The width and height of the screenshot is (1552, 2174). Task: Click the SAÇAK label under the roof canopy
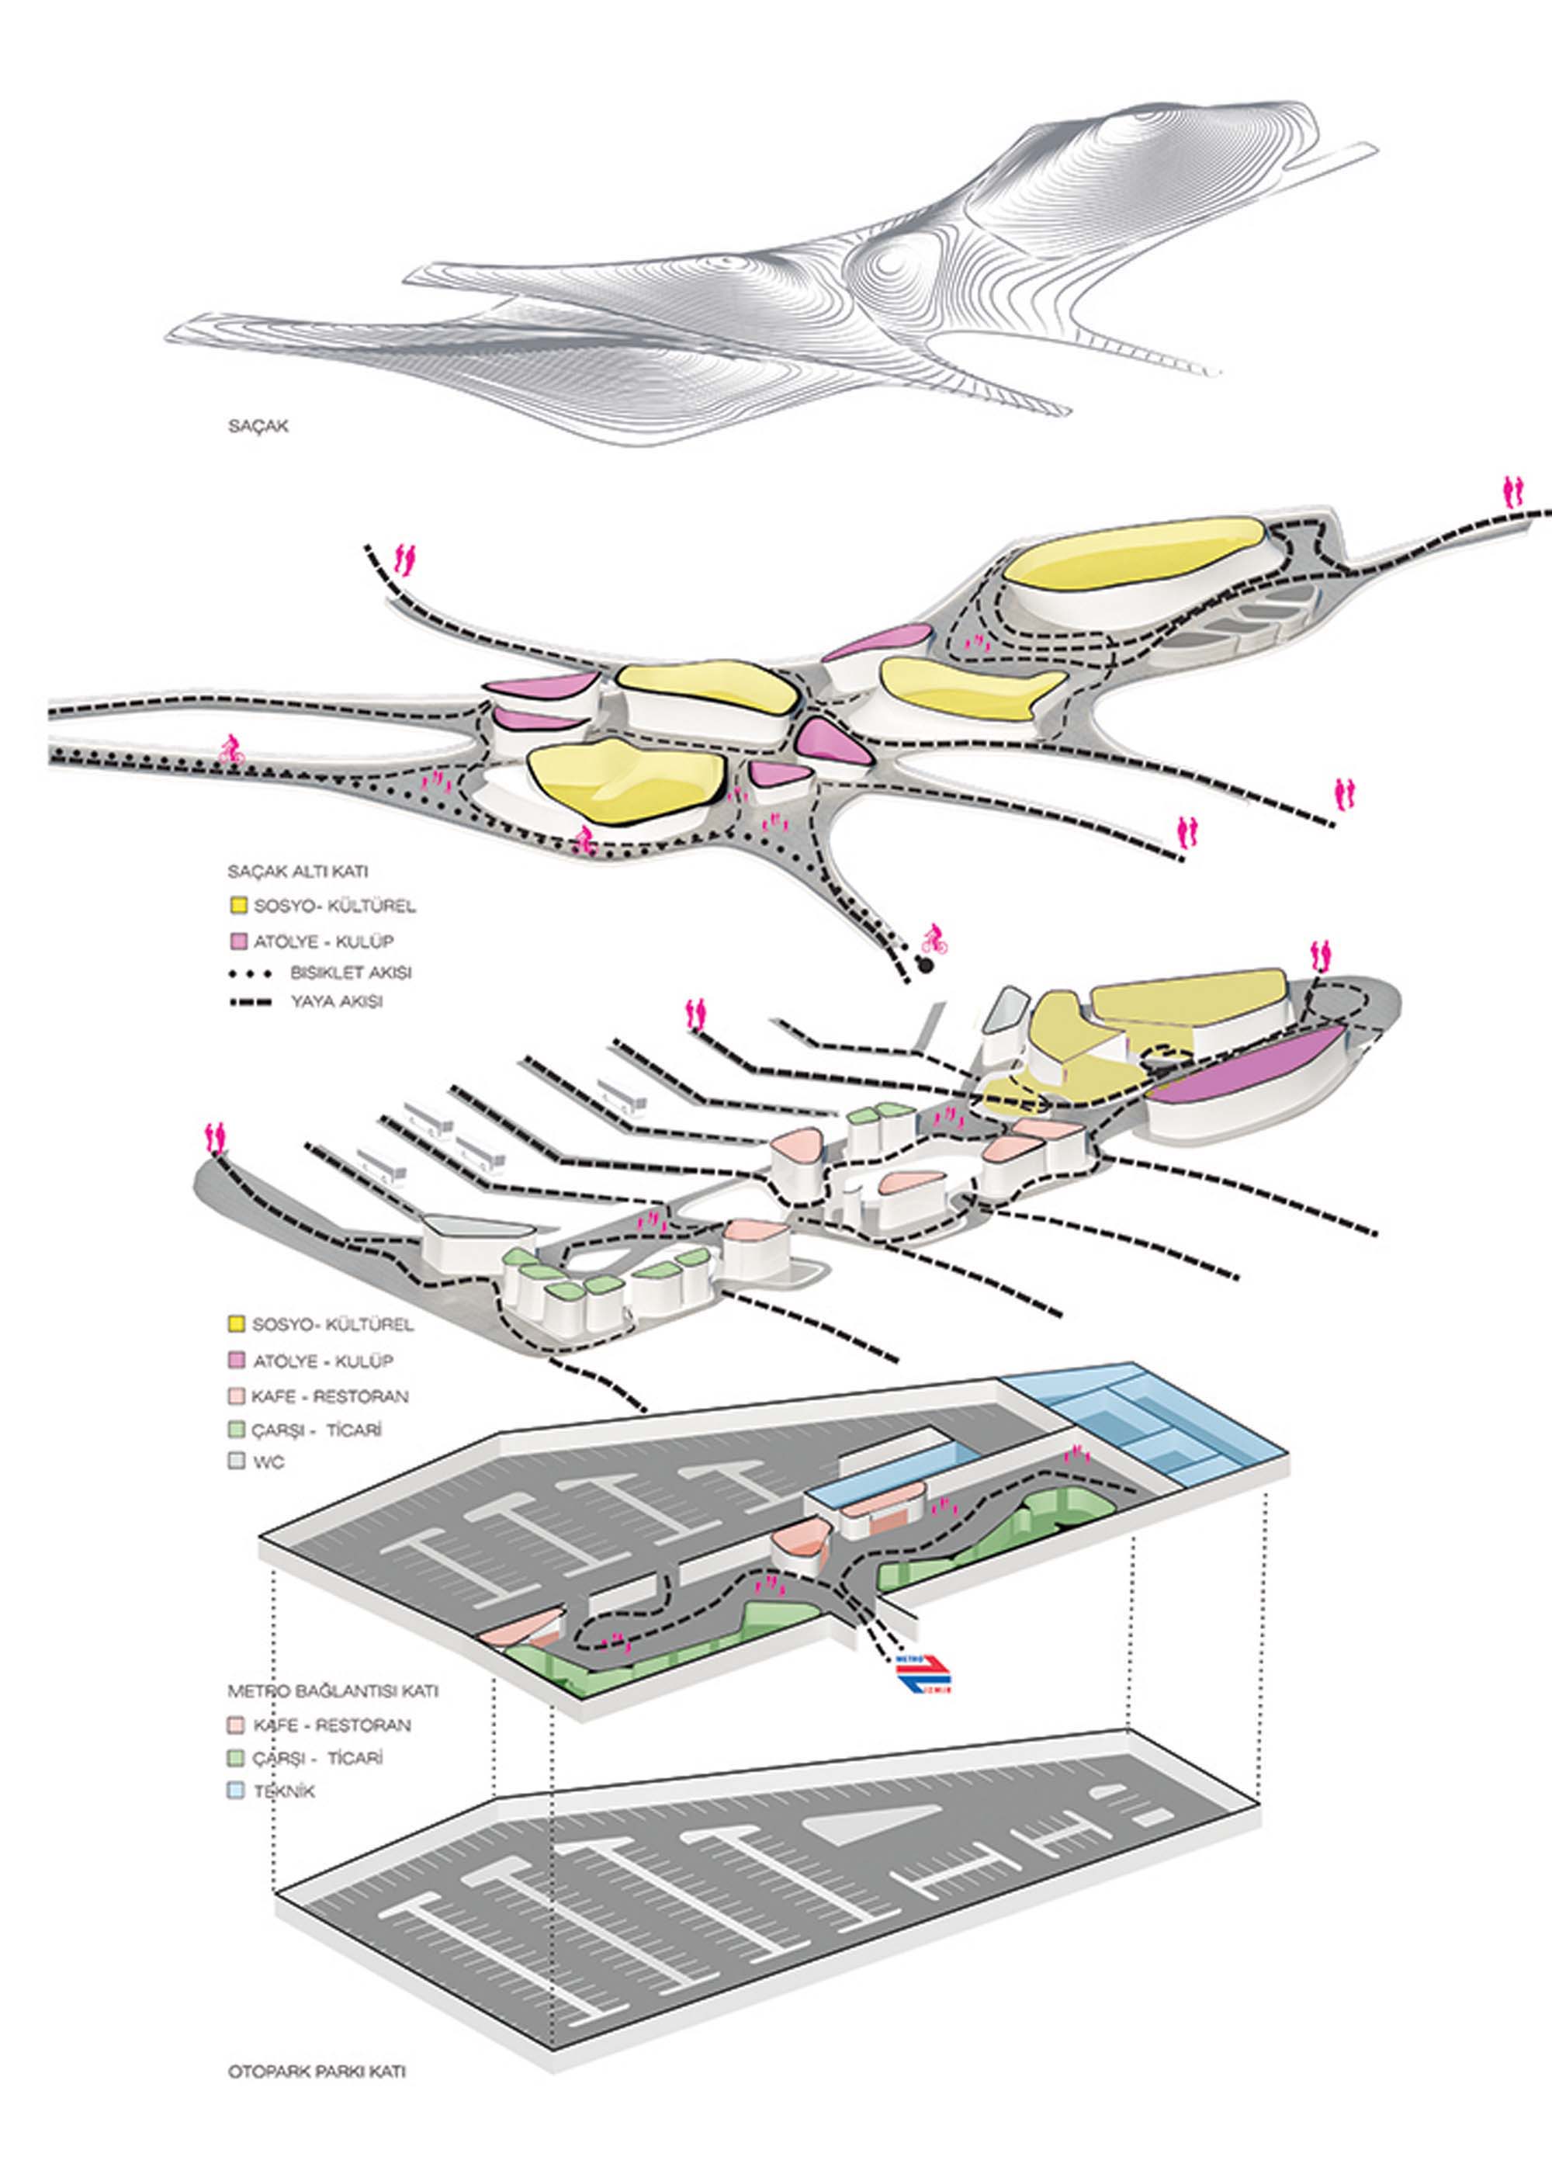258,427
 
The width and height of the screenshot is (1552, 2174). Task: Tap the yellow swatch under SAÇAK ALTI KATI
236,905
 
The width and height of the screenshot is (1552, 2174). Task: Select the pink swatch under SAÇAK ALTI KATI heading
236,941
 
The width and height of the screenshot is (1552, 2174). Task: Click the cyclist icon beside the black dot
933,941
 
